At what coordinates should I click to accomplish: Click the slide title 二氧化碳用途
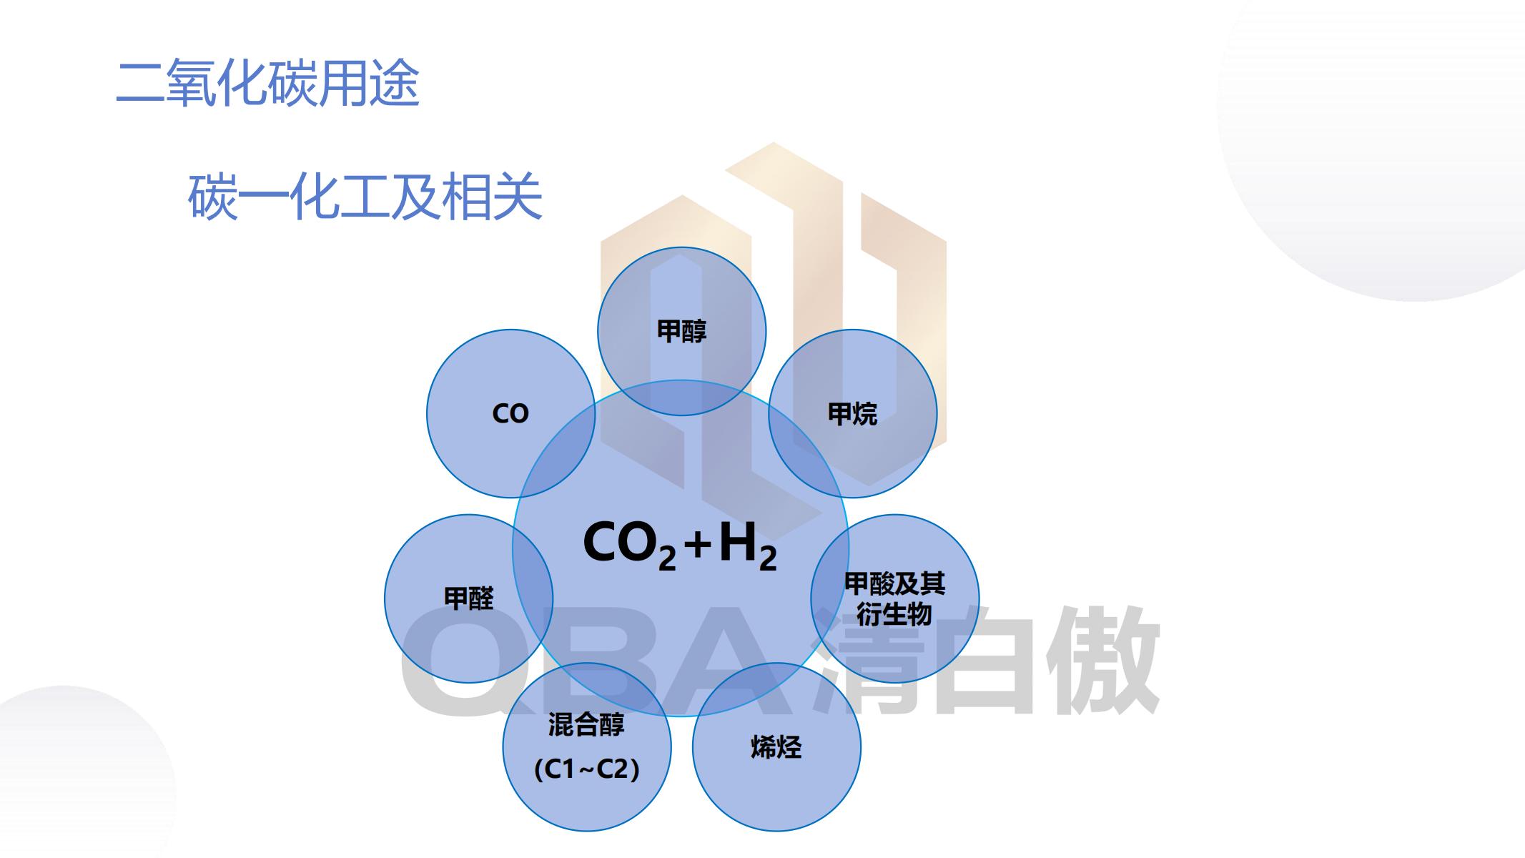[267, 83]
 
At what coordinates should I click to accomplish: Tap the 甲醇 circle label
[681, 331]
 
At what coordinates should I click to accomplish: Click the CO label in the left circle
[510, 413]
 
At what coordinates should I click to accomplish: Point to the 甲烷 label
[852, 413]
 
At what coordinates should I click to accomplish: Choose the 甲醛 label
[469, 598]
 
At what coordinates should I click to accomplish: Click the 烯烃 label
[776, 747]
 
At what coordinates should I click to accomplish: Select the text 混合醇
[586, 724]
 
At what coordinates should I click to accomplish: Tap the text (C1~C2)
[587, 769]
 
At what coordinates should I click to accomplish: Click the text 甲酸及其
[895, 584]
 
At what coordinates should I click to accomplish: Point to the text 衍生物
[894, 614]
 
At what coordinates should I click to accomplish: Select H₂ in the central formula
[748, 545]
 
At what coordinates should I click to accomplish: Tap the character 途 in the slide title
[395, 83]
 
